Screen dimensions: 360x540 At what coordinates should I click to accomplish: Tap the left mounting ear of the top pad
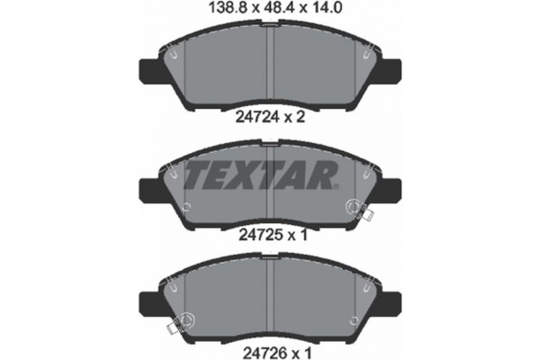pos(147,69)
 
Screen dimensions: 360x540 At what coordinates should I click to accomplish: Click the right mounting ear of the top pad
pos(393,69)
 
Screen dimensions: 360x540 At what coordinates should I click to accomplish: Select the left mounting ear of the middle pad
pos(147,189)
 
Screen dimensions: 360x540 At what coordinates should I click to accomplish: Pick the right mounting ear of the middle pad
pos(393,189)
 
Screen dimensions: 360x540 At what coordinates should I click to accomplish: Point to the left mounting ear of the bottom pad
pos(147,300)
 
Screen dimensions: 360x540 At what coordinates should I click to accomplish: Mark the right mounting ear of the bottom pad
pos(393,300)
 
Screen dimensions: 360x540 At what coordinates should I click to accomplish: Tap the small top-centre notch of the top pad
pos(270,26)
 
